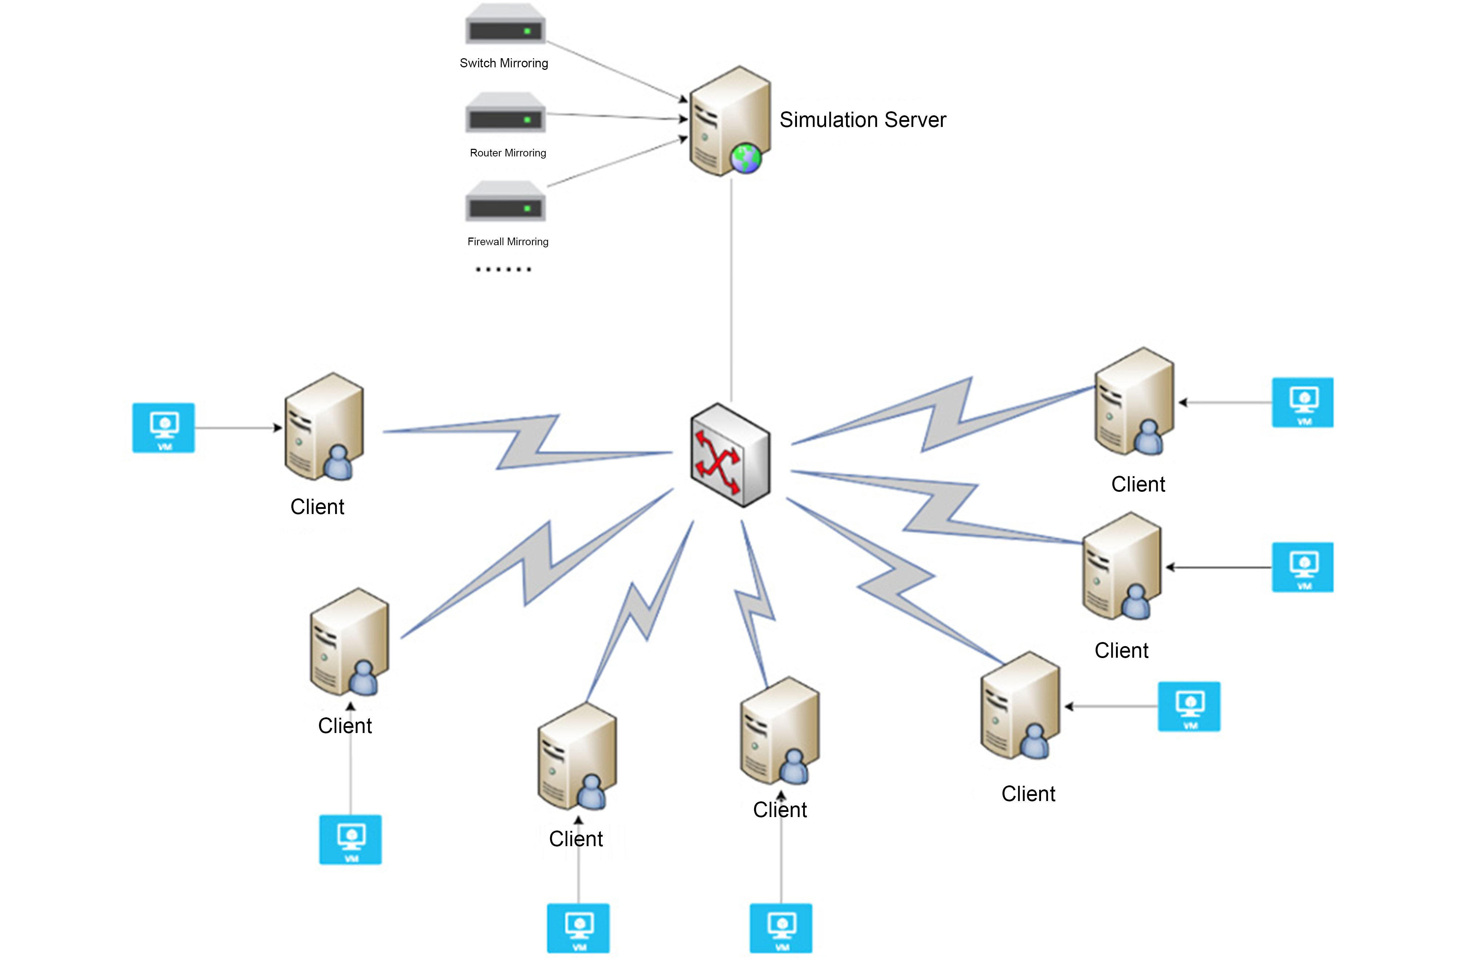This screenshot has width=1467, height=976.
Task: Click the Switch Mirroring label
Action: point(503,63)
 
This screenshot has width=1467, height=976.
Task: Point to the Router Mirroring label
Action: point(507,152)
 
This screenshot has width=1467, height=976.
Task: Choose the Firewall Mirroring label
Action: point(507,242)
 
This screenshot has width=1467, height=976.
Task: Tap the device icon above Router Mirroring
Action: point(505,114)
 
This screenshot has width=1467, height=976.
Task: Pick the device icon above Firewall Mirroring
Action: point(505,202)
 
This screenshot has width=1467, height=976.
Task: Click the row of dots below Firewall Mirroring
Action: point(503,270)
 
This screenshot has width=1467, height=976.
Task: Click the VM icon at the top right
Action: point(1302,402)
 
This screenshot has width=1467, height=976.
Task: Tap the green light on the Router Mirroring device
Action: point(527,120)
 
